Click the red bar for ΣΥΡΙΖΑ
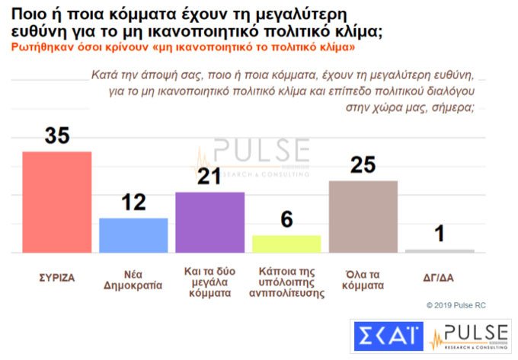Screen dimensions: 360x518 [57, 202]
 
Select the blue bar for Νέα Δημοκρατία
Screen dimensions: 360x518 [134, 235]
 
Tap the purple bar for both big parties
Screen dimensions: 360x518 [210, 221]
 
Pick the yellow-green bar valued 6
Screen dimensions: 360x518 [286, 244]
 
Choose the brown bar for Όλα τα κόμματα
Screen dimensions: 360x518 [363, 216]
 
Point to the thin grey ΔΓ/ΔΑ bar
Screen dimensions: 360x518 [440, 250]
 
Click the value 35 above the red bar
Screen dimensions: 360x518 [57, 135]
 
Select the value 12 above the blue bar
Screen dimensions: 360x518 [134, 203]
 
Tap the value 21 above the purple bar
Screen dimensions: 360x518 [210, 177]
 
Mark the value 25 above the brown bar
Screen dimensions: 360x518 [363, 165]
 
